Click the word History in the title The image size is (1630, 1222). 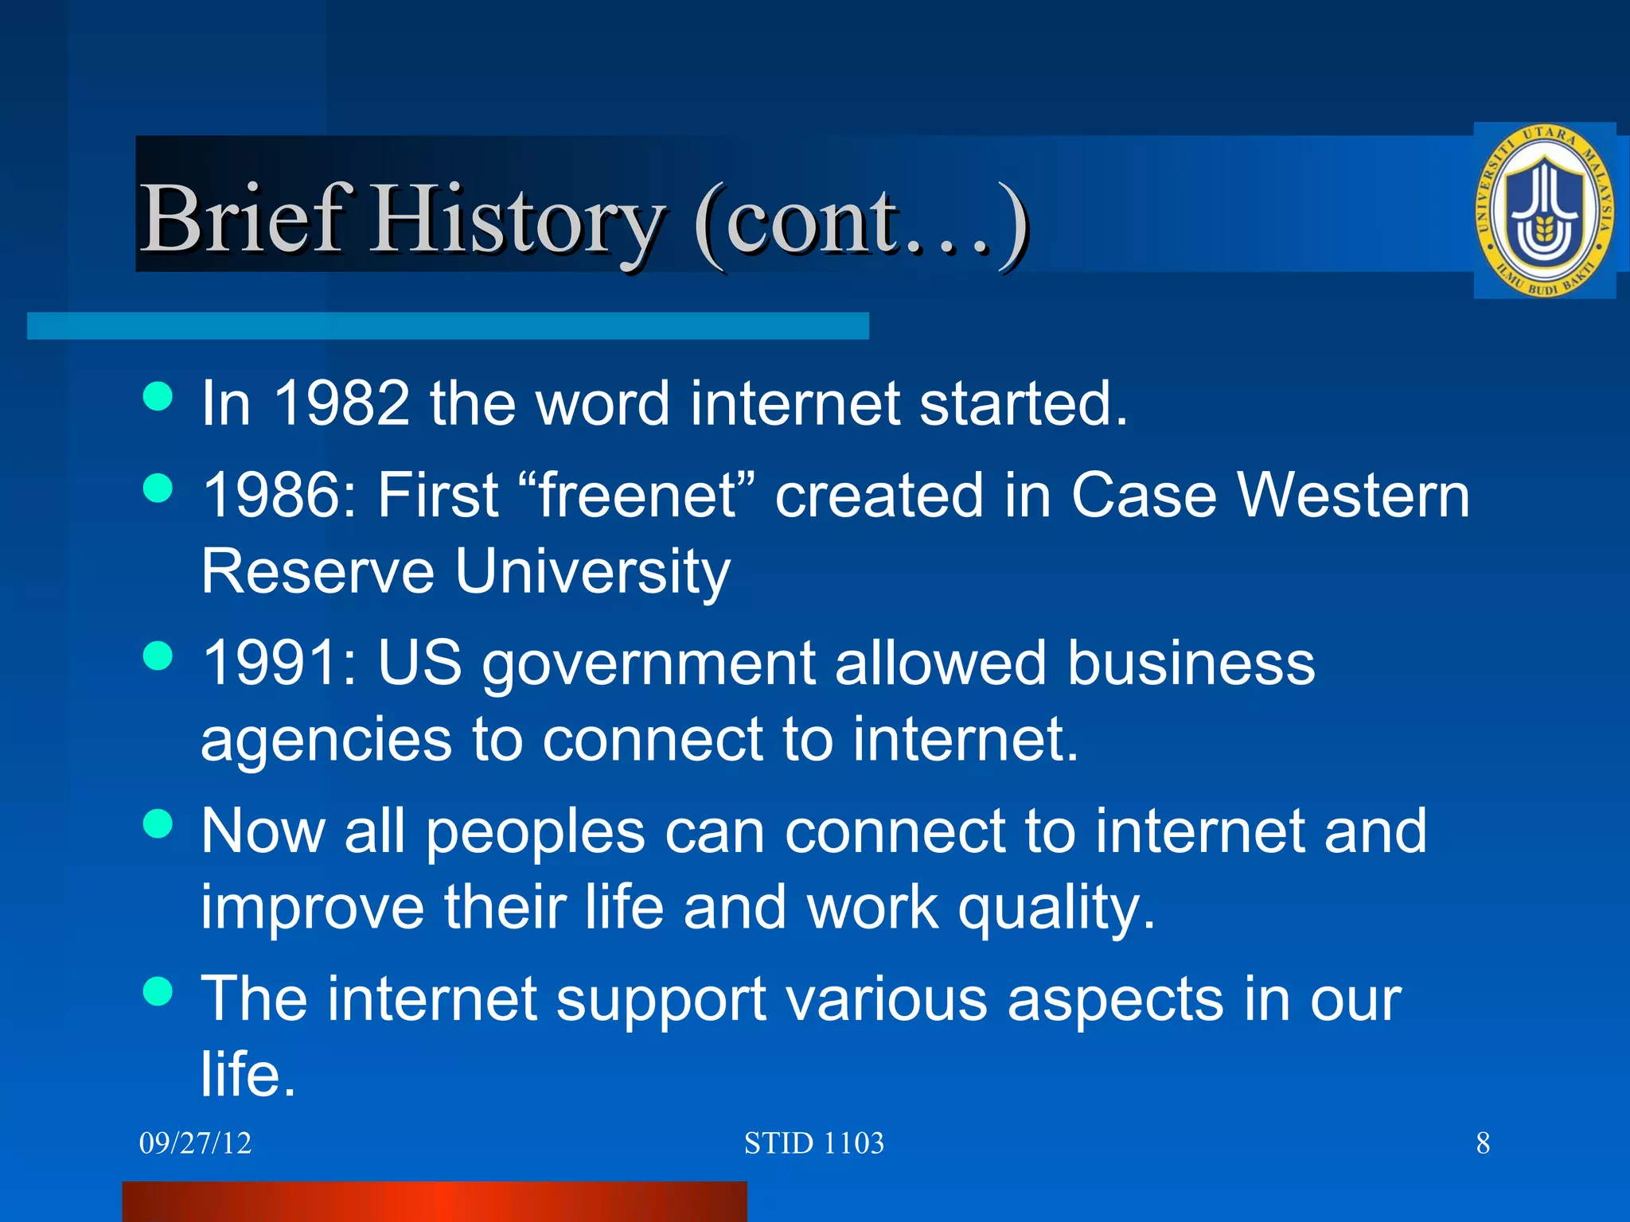(517, 219)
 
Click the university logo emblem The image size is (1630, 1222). (1544, 211)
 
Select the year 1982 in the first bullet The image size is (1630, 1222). (341, 403)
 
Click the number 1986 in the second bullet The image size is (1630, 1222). (271, 495)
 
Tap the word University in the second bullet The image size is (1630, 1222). (592, 572)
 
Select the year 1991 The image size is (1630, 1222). (271, 663)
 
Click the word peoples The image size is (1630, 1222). (535, 834)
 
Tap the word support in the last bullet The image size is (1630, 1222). (661, 1001)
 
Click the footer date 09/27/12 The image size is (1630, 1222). (195, 1143)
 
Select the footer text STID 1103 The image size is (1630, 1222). (813, 1143)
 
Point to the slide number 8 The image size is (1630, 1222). (1483, 1143)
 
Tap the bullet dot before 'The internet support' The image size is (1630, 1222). (158, 991)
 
